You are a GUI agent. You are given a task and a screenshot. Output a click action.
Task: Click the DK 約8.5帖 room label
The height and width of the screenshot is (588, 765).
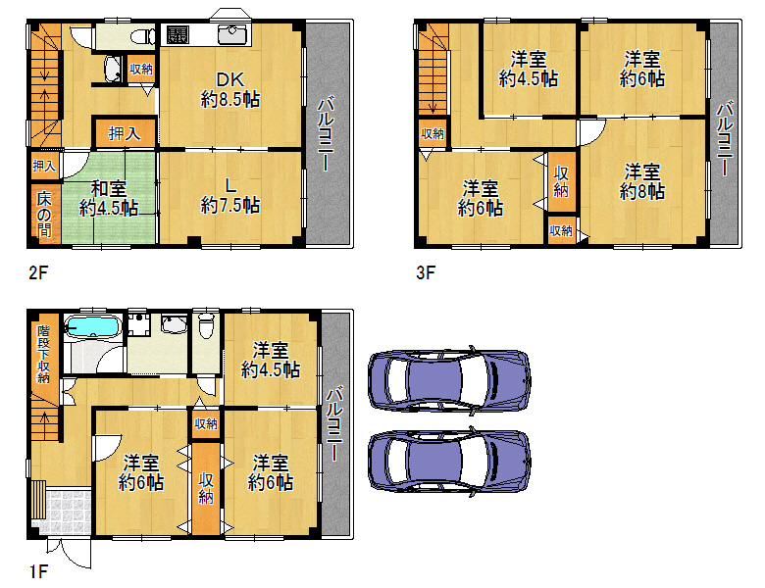(x=230, y=89)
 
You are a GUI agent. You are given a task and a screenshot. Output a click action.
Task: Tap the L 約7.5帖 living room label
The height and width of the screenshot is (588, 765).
(x=230, y=195)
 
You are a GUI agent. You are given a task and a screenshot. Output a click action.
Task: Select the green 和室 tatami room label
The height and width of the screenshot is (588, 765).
(x=109, y=198)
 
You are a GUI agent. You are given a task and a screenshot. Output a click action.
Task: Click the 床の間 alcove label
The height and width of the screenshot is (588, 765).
(x=44, y=214)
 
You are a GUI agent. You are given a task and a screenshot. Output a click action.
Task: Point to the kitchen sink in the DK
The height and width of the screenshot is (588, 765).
(x=233, y=34)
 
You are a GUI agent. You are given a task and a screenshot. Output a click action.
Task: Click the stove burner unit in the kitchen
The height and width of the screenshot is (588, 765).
(x=178, y=34)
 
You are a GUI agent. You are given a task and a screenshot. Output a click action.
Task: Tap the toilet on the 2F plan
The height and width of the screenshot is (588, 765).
(x=143, y=35)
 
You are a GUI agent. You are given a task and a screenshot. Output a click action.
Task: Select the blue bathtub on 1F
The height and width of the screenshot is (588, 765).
(x=93, y=325)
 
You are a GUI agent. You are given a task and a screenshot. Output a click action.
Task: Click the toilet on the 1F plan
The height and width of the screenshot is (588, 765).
(x=206, y=325)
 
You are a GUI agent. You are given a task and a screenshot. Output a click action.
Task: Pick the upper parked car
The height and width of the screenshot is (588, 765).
(x=449, y=380)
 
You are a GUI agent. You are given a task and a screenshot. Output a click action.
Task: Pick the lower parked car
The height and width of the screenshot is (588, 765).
(x=449, y=462)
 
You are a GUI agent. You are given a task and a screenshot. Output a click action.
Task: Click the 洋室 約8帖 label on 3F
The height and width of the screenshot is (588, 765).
(x=642, y=181)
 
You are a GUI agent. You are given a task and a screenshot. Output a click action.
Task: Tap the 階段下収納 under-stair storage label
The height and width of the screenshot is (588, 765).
(x=44, y=354)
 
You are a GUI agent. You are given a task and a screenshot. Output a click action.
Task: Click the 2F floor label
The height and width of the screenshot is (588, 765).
(x=38, y=272)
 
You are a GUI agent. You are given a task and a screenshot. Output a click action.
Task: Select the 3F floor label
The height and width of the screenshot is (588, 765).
(x=426, y=272)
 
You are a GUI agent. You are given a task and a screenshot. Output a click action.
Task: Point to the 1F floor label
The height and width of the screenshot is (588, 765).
(x=38, y=571)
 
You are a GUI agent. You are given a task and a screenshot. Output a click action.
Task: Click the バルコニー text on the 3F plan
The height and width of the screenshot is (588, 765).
(x=725, y=138)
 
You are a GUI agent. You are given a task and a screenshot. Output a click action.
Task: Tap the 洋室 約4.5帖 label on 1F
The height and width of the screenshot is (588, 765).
(x=271, y=360)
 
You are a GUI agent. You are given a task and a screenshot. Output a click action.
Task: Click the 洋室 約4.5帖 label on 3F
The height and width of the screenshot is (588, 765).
(x=529, y=70)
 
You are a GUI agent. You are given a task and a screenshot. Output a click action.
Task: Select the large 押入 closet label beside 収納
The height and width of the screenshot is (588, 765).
(x=124, y=133)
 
